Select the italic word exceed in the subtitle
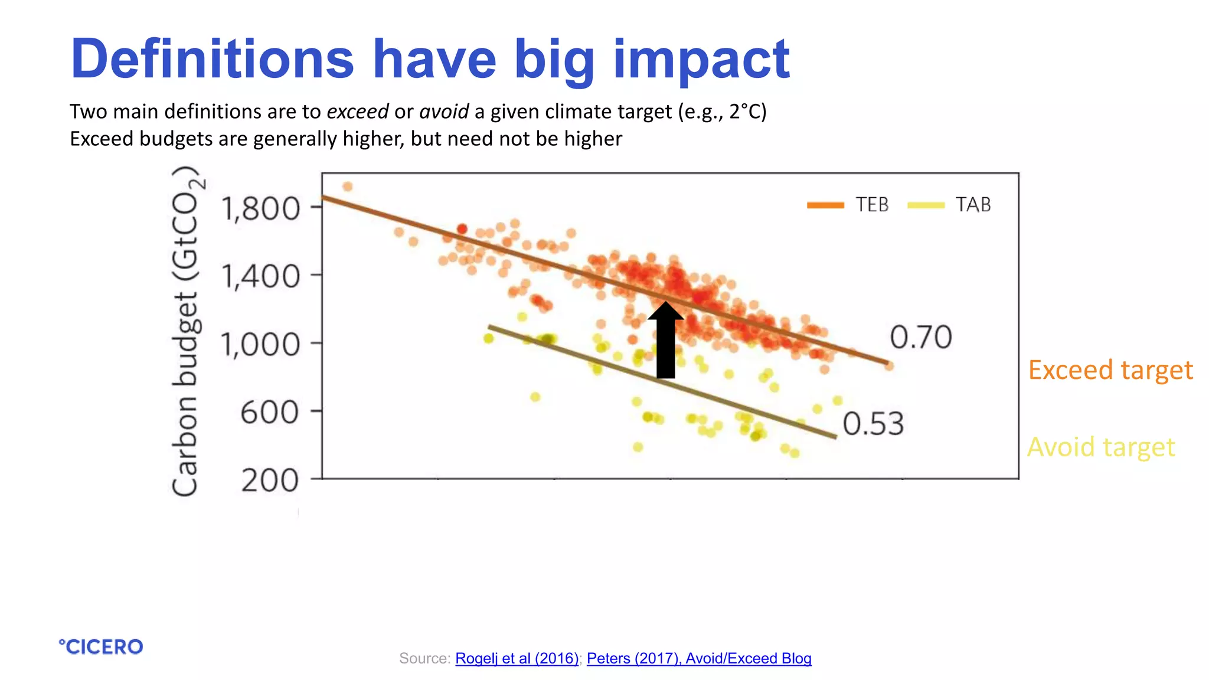click(358, 112)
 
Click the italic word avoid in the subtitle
click(444, 112)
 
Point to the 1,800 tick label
click(260, 209)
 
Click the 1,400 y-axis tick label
click(260, 276)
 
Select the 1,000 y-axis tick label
click(260, 344)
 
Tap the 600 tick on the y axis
click(269, 412)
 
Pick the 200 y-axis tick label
click(270, 480)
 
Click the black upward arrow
click(665, 341)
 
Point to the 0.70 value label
click(920, 338)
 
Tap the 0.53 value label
click(873, 424)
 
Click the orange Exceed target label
click(1110, 370)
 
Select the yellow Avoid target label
click(1101, 447)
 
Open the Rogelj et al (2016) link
click(517, 658)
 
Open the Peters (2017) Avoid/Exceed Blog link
click(699, 658)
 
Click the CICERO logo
click(101, 647)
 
